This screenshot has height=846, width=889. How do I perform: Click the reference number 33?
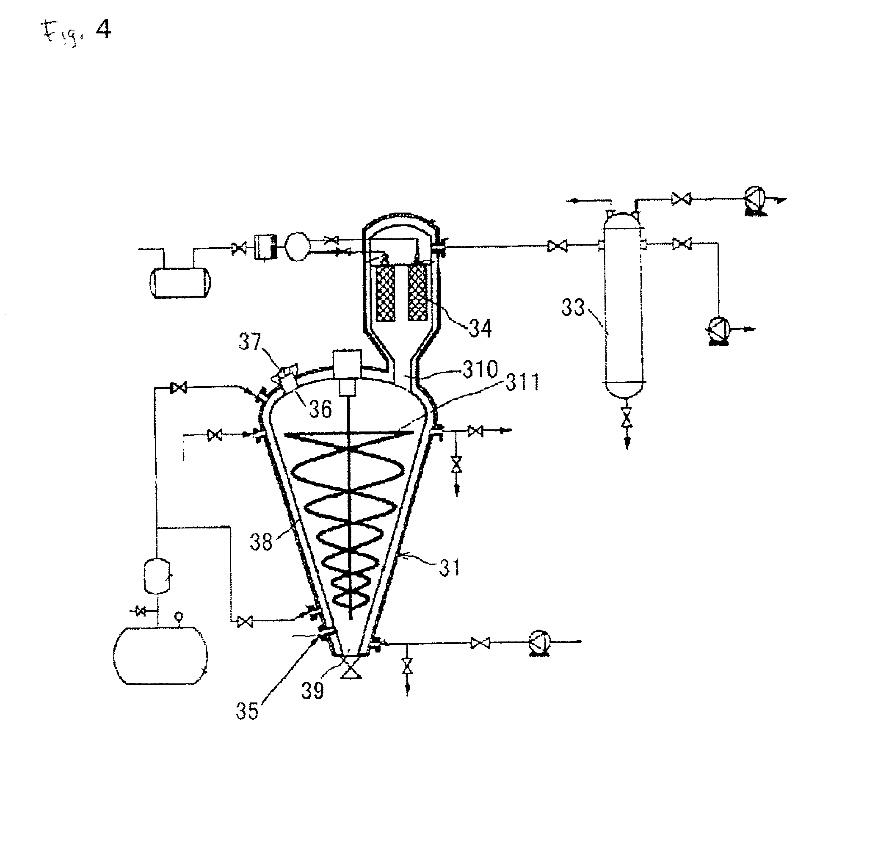coord(572,307)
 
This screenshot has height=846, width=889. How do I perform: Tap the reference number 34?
coord(480,328)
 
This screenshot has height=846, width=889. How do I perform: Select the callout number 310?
coord(480,369)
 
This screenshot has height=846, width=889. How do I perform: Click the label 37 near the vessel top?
coord(250,341)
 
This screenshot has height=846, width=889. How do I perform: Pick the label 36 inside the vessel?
coord(320,409)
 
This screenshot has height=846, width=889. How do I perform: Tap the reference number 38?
coord(262,542)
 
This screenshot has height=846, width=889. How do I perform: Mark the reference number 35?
coord(247,711)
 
